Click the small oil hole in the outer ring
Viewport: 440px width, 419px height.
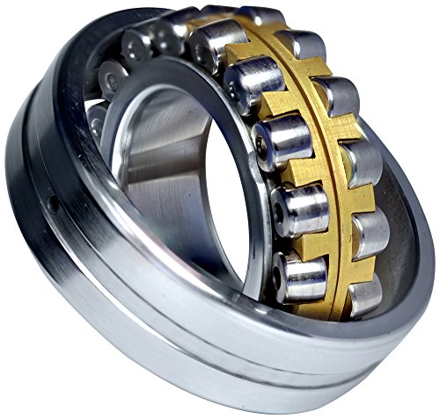pyautogui.click(x=53, y=203)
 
